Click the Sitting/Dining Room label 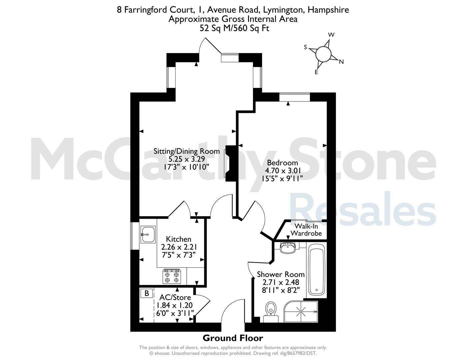pos(187,151)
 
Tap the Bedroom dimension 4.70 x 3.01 pos(283,171)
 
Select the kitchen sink pos(148,234)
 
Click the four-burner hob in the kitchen pos(172,276)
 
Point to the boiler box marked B pos(147,293)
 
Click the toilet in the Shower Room pos(271,312)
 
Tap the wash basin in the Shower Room pos(288,248)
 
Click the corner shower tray pos(301,312)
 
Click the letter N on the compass pos(341,62)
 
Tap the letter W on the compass pos(331,35)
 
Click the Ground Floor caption pos(233,338)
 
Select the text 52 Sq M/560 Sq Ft pos(234,28)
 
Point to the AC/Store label pos(175,297)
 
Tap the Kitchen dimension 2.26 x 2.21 pos(179,247)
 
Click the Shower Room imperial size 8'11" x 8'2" pos(281,290)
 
